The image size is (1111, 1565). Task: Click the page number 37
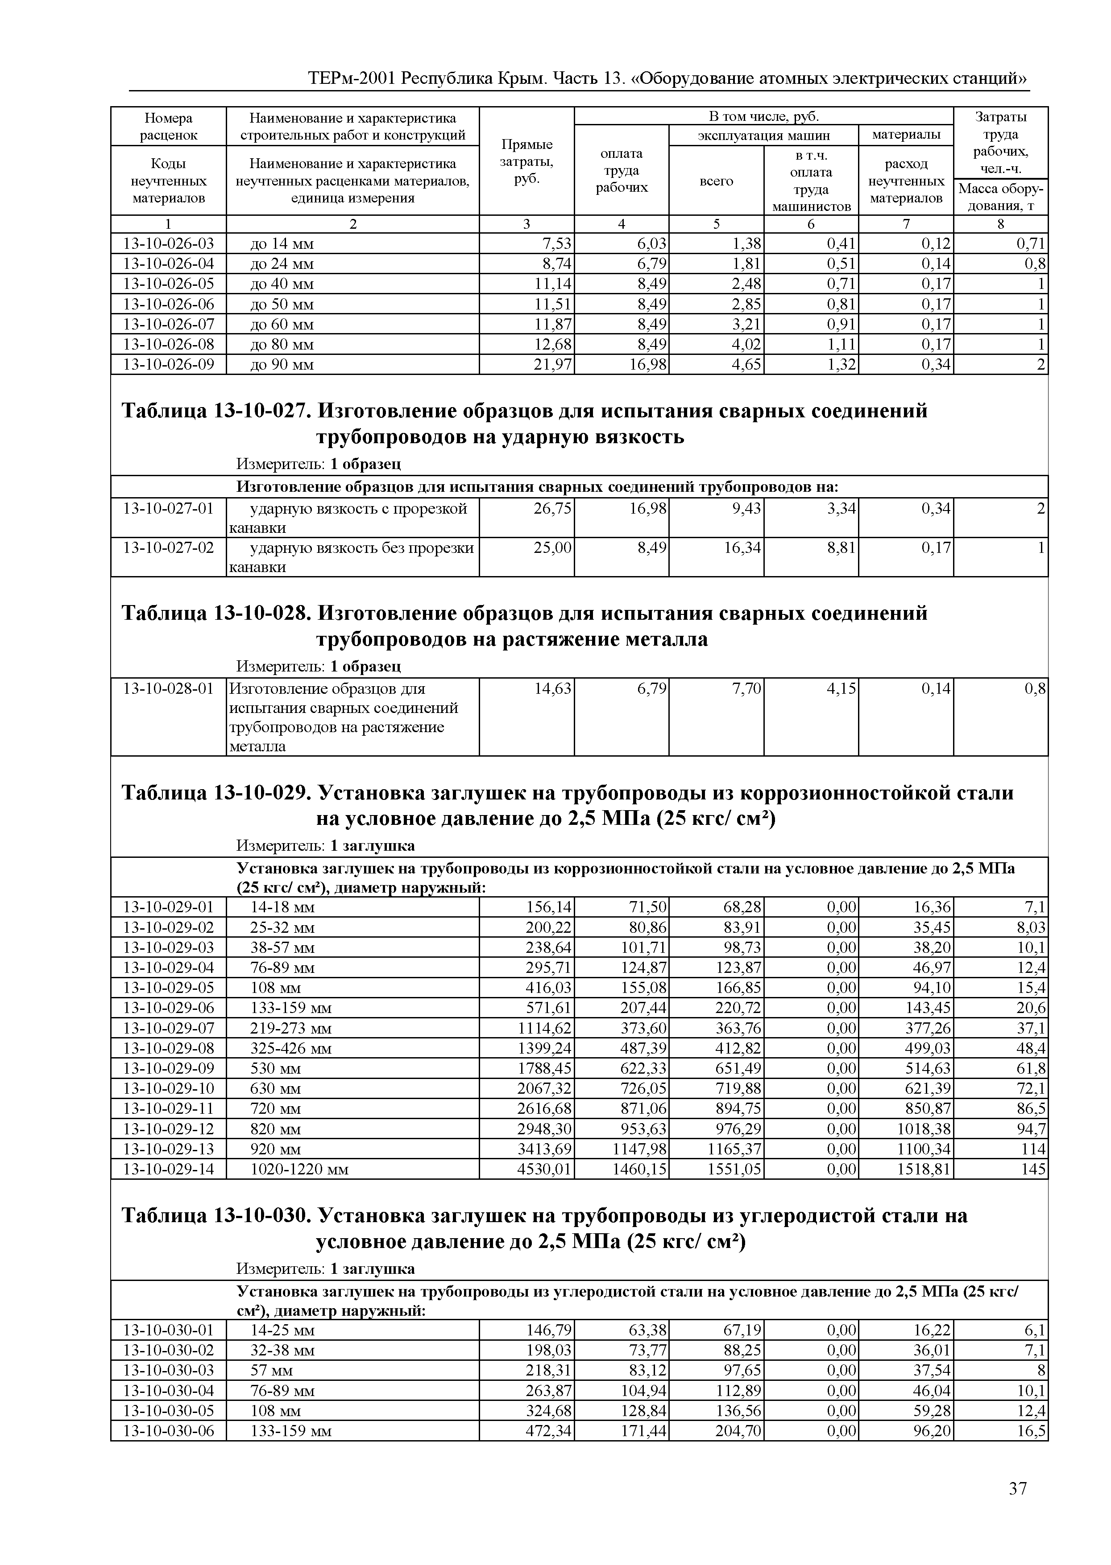1017,1488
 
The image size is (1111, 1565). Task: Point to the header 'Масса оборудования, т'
1000,197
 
